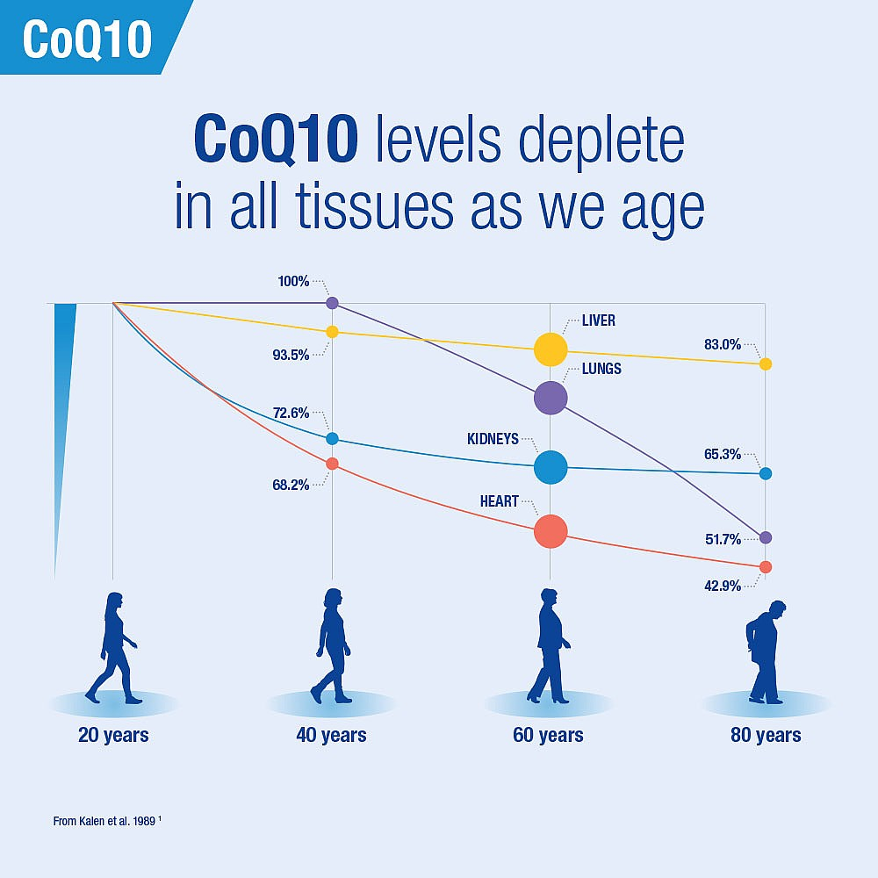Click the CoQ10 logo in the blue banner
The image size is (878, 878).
point(87,38)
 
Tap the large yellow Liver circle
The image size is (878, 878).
point(551,349)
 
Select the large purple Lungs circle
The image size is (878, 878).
point(551,398)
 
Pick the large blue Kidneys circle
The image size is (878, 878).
point(551,467)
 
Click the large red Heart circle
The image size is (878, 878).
point(551,530)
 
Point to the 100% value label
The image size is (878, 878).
point(293,282)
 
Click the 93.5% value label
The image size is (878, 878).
point(291,355)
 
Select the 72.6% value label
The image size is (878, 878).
point(291,412)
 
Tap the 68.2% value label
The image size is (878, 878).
point(291,484)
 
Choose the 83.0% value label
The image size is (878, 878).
point(723,345)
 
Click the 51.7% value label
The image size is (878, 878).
point(723,539)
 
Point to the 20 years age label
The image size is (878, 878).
point(113,735)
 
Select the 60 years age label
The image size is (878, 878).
point(549,735)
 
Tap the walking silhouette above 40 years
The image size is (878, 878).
point(332,646)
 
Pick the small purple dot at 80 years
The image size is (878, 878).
point(766,537)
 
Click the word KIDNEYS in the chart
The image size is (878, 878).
point(493,439)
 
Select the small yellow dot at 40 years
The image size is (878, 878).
point(332,332)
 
